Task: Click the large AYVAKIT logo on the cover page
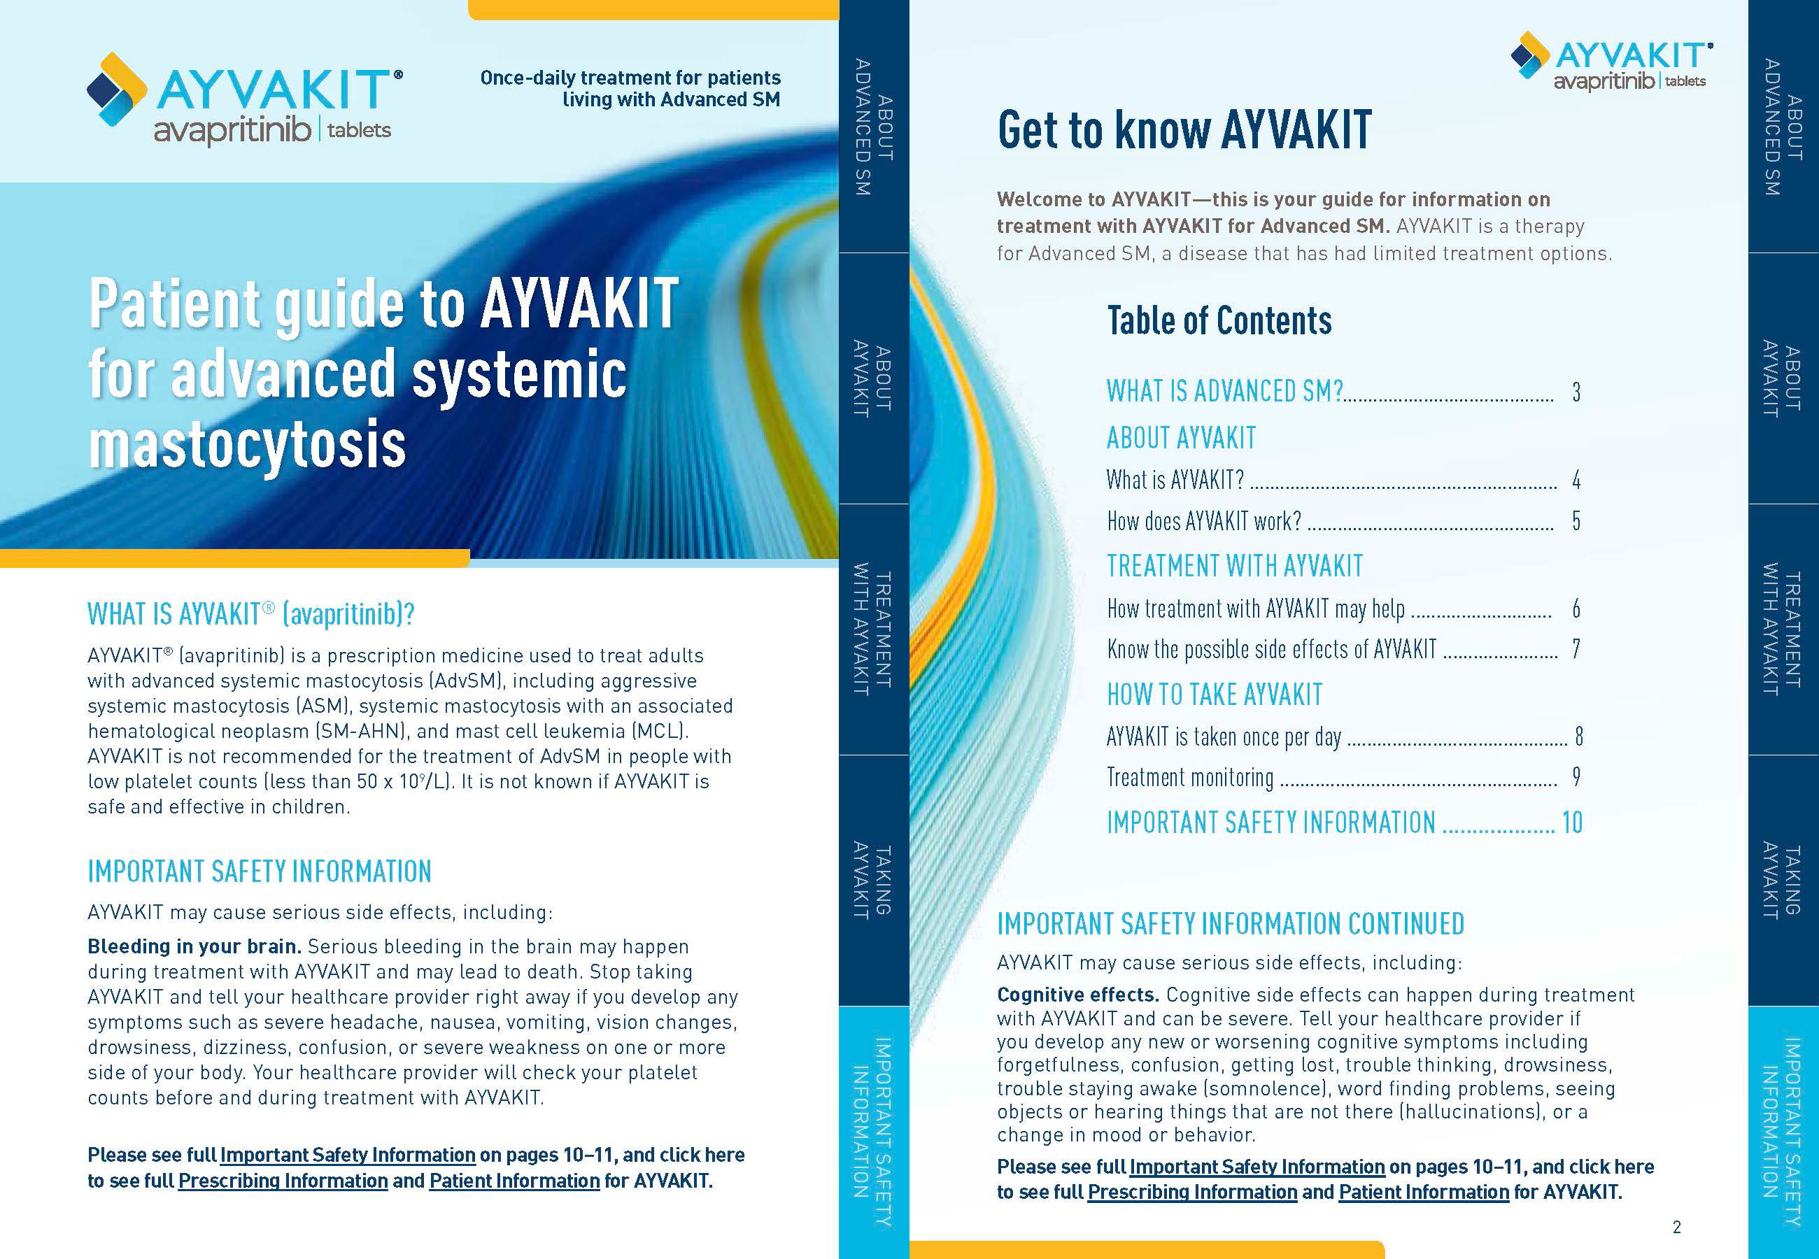pos(245,99)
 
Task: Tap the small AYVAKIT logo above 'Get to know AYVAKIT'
pos(1611,61)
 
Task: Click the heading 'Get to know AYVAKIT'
pos(1184,130)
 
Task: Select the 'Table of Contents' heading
pos(1219,321)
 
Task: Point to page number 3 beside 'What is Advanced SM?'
pos(1576,392)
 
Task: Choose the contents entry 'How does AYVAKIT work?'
pos(1204,521)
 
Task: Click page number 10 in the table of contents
pos(1571,823)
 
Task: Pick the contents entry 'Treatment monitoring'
pos(1189,778)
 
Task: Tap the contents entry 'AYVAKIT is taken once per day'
pos(1223,737)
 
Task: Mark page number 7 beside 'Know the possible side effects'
pos(1576,649)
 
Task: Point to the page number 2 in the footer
pos(1676,1227)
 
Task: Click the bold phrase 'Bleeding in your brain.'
pos(194,946)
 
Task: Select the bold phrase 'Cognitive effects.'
pos(1077,995)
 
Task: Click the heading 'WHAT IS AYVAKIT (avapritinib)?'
pos(251,613)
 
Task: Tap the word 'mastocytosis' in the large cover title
pos(247,445)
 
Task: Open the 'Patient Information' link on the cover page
pos(514,1181)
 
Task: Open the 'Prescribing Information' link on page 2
pos(1192,1192)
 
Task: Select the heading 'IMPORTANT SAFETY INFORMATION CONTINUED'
pos(1230,924)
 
